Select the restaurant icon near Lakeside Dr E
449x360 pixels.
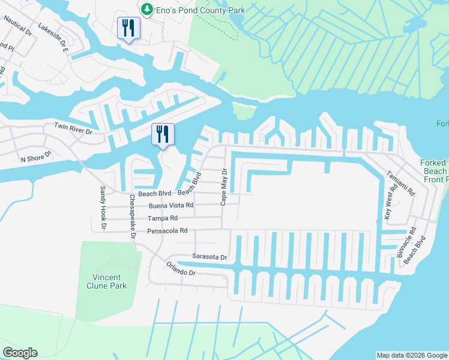pos(128,28)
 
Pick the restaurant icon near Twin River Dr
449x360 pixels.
pos(162,134)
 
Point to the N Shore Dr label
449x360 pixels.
pos(37,157)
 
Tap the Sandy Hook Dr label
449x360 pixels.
pos(103,208)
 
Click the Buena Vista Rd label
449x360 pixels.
pos(172,205)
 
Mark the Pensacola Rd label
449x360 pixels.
pos(167,230)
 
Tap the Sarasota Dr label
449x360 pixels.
pos(209,257)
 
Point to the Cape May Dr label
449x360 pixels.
pos(223,186)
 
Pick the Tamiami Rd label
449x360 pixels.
pos(408,184)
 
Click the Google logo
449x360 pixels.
pos(20,353)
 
